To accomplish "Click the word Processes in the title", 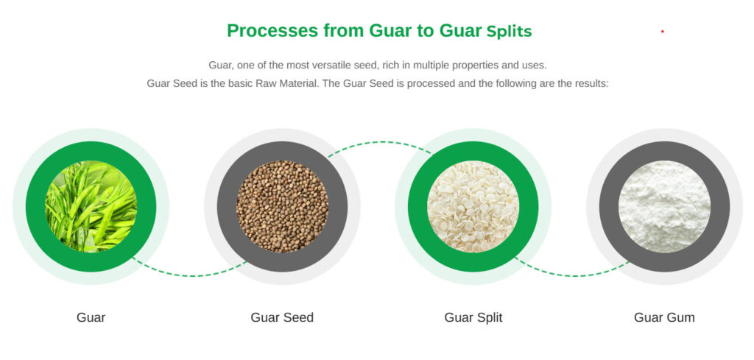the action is click(x=272, y=31).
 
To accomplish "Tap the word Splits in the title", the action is click(x=510, y=32).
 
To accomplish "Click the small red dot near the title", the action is click(x=662, y=31).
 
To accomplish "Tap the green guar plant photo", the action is click(x=91, y=206).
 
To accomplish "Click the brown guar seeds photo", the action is click(x=282, y=206).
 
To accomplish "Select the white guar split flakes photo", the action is click(x=473, y=206).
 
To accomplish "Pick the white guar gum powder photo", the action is click(x=665, y=206).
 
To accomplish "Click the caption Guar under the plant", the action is click(x=91, y=318).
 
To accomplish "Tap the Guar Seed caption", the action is click(x=282, y=318).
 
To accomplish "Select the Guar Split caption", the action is click(x=473, y=318).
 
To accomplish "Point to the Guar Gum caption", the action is click(x=665, y=318).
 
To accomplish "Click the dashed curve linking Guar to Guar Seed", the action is click(x=190, y=276).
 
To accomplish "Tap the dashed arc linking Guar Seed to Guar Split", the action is click(x=380, y=142).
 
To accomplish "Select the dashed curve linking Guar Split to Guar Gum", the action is click(x=572, y=276).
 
